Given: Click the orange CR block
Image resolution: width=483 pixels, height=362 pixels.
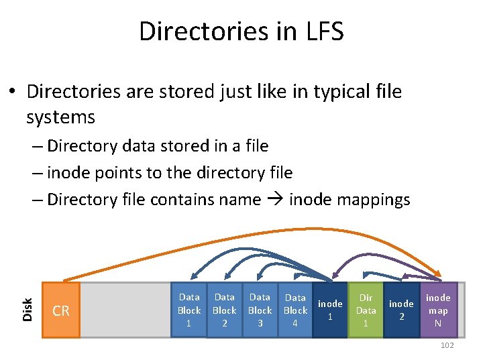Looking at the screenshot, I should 61,310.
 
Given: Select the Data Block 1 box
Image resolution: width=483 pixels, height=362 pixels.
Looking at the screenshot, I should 189,310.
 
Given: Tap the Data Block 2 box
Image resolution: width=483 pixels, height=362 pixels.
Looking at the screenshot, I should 224,310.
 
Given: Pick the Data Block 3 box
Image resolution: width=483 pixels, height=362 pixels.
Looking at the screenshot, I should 260,310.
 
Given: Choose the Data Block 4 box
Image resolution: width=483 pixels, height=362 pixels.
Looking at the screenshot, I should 295,310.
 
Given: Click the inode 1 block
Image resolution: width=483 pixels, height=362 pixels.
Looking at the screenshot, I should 330,310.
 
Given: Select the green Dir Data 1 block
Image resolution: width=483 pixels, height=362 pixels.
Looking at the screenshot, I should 366,310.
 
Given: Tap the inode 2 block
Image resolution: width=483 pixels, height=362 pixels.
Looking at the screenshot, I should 401,310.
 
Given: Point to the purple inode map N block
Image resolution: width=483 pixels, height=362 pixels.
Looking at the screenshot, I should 438,310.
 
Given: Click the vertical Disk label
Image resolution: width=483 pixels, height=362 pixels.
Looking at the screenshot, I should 28,308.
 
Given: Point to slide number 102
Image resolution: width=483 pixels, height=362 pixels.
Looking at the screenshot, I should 446,345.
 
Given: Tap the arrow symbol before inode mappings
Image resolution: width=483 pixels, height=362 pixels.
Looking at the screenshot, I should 274,200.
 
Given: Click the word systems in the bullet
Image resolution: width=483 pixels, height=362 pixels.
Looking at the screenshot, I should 60,117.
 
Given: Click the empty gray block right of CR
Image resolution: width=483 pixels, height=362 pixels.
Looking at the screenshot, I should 125,310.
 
